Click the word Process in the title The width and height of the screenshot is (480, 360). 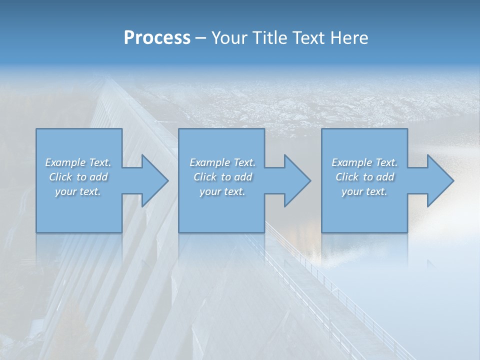(x=157, y=38)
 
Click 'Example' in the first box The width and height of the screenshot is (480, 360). (x=65, y=162)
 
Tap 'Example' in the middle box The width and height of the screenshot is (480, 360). (x=209, y=162)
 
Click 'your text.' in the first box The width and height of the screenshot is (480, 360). (x=78, y=191)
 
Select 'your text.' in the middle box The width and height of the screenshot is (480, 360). (x=222, y=191)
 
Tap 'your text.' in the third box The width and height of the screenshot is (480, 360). (x=364, y=191)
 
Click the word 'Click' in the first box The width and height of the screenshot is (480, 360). (x=60, y=177)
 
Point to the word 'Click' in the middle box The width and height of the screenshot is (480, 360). (x=204, y=177)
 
